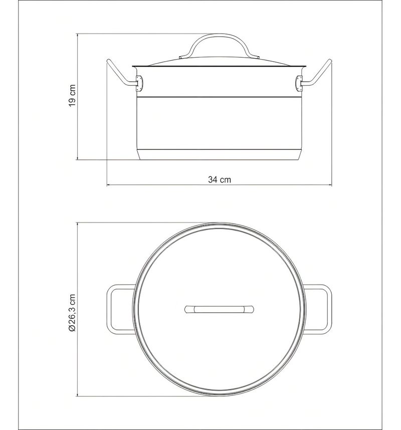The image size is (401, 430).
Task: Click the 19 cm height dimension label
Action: click(x=72, y=95)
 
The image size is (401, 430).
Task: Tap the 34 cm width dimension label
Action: click(x=220, y=179)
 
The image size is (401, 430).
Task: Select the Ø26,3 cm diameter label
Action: click(x=72, y=313)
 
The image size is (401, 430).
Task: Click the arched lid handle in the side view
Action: click(x=220, y=36)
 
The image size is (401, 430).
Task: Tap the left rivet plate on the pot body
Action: click(x=140, y=84)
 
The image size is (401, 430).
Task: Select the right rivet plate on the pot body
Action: click(x=299, y=84)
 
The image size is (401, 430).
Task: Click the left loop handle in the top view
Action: click(x=108, y=309)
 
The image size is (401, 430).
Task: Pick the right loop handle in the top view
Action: click(x=330, y=309)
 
